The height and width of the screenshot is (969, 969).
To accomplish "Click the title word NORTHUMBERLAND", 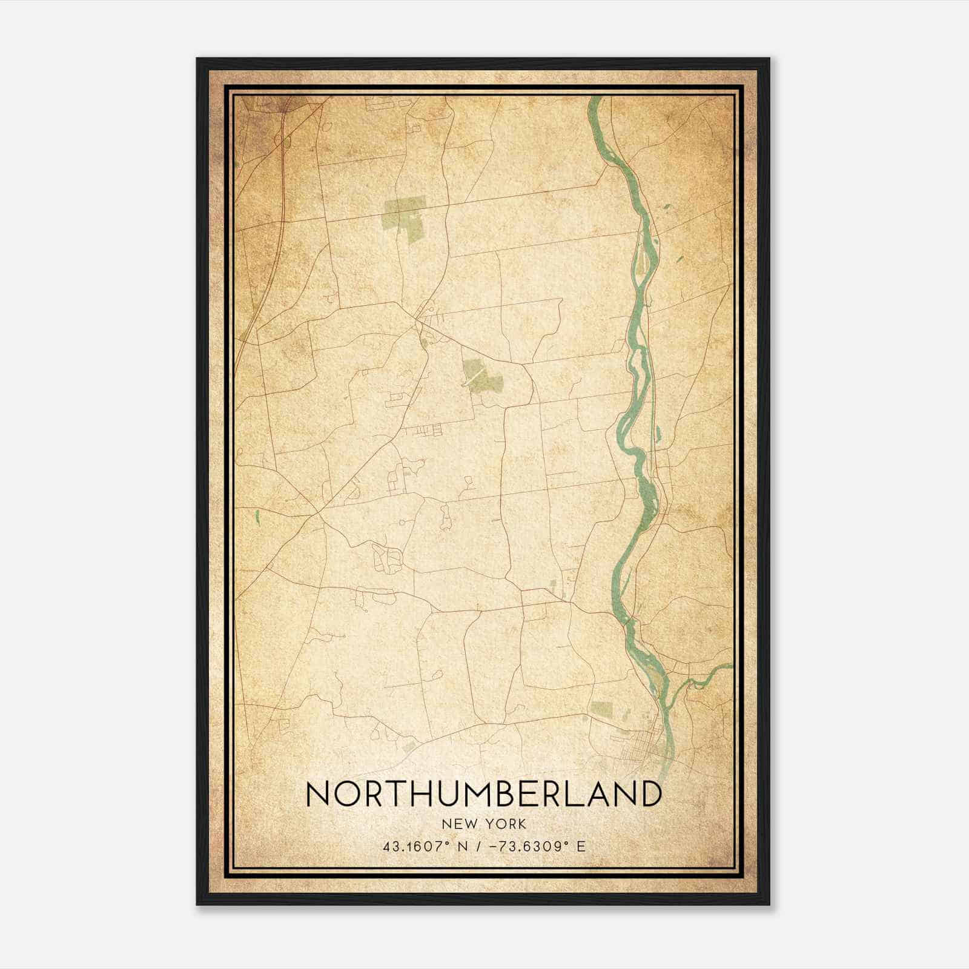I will point(484,794).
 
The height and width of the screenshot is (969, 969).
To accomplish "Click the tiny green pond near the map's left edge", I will point(258,517).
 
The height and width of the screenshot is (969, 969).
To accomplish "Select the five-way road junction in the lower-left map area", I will point(316,515).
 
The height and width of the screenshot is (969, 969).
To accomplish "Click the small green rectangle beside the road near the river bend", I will point(552,586).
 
